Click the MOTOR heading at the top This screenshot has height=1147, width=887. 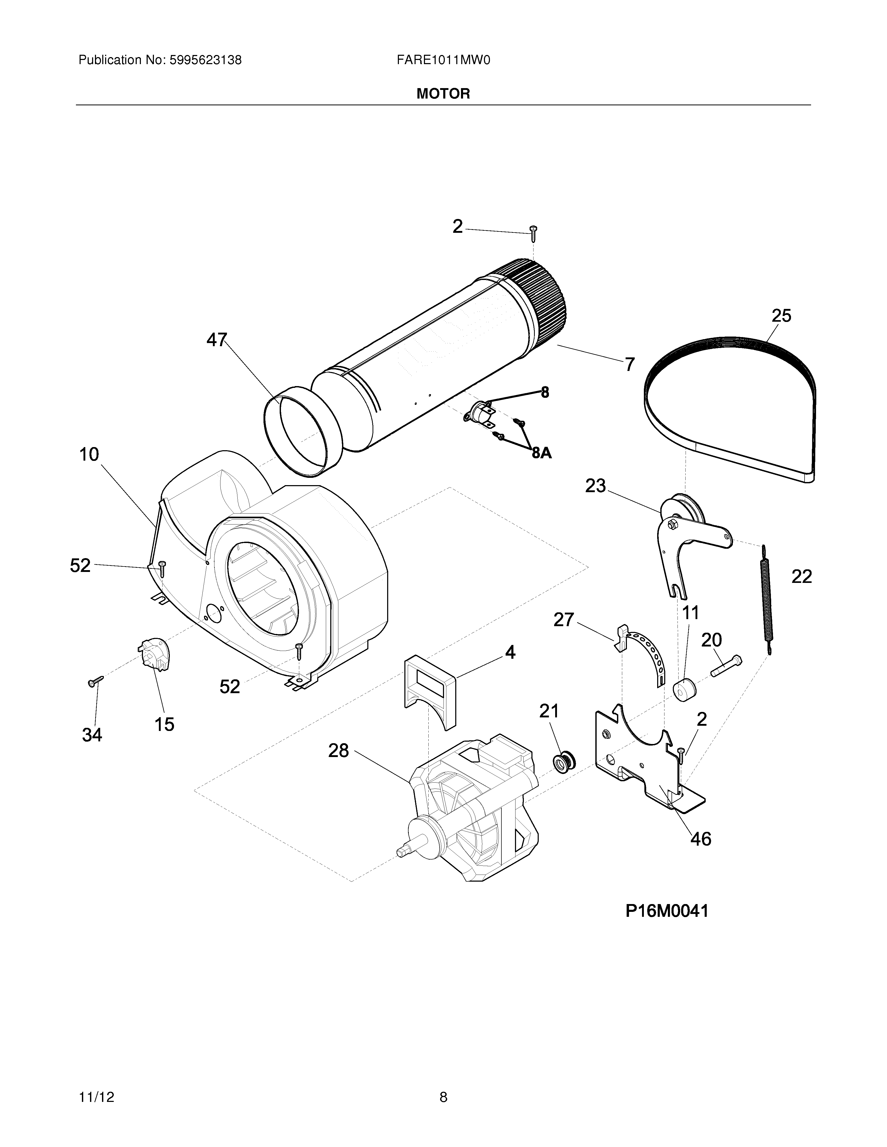pyautogui.click(x=443, y=94)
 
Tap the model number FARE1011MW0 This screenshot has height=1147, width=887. pyautogui.click(x=443, y=60)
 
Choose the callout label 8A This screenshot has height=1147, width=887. pyautogui.click(x=542, y=453)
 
